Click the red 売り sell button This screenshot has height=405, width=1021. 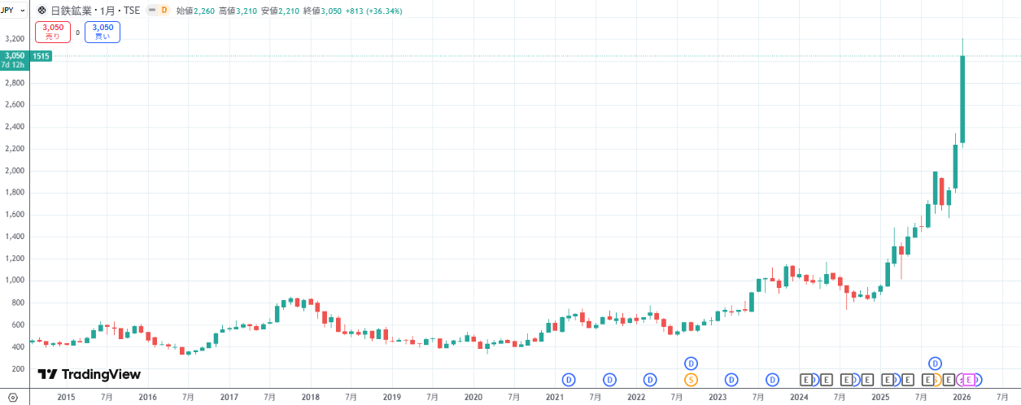pyautogui.click(x=54, y=32)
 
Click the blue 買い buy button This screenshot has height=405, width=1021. pyautogui.click(x=102, y=32)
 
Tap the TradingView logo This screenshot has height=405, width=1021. pyautogui.click(x=89, y=374)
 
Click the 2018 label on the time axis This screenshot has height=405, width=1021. pyautogui.click(x=310, y=397)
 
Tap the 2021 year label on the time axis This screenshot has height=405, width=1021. pyautogui.click(x=554, y=397)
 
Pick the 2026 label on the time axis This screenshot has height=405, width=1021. pyautogui.click(x=962, y=397)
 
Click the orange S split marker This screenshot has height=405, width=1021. pyautogui.click(x=692, y=380)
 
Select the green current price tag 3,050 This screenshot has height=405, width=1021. pyautogui.click(x=14, y=55)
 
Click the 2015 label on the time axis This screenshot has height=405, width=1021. pyautogui.click(x=66, y=397)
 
